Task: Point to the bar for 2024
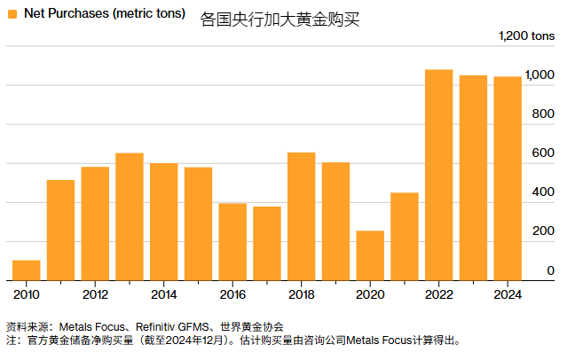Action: (508, 178)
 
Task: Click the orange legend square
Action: (12, 14)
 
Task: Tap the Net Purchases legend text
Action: (104, 14)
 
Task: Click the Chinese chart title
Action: (280, 18)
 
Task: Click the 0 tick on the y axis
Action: (550, 270)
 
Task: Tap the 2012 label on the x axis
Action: (95, 294)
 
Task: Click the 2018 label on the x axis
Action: (302, 294)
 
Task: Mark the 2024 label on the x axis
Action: (508, 294)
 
